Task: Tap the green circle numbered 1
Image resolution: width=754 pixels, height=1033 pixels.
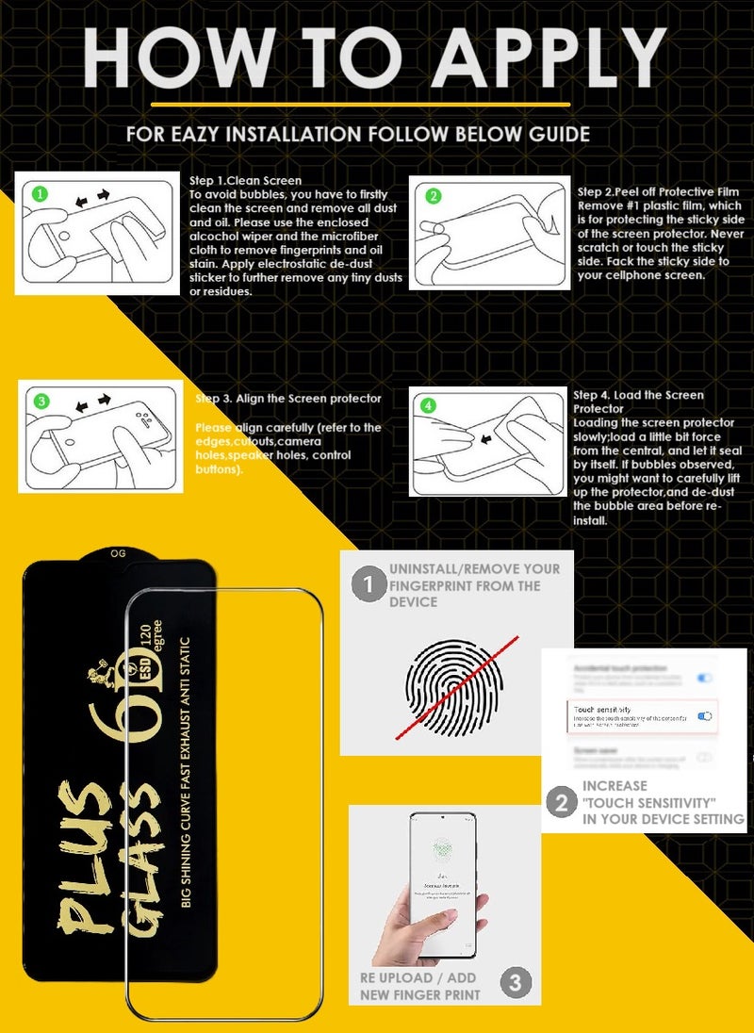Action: [x=39, y=194]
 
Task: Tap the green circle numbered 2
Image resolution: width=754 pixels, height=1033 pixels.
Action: [x=434, y=196]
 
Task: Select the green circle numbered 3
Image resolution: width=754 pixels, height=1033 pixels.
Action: [x=41, y=402]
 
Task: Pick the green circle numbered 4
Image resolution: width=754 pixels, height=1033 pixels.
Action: [x=429, y=406]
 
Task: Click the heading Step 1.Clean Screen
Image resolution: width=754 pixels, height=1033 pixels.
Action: [x=245, y=180]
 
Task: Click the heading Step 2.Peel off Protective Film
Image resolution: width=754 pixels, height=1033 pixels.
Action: [x=656, y=191]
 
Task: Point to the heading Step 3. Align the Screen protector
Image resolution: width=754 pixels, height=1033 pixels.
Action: [x=288, y=399]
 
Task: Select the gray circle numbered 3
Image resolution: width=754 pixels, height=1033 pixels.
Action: [x=515, y=983]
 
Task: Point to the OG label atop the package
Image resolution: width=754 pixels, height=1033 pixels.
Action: [x=119, y=553]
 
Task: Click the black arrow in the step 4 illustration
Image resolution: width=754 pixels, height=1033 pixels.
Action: [x=486, y=438]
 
